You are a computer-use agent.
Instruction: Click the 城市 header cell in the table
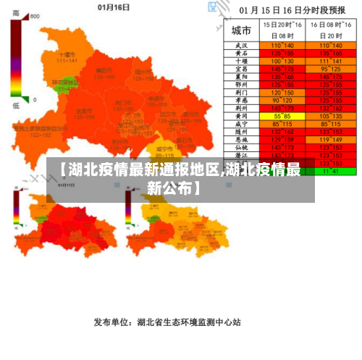point(241,31)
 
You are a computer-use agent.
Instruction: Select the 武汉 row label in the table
point(241,45)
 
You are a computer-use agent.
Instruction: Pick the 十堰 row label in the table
point(241,61)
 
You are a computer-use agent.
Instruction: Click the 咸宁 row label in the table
point(241,124)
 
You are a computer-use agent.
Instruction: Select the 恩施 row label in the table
point(241,140)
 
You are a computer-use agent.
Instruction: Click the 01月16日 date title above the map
point(114,7)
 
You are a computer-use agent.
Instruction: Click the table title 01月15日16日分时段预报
point(293,11)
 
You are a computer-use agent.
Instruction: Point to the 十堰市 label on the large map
point(67,54)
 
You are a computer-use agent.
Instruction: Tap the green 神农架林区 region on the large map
point(66,84)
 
